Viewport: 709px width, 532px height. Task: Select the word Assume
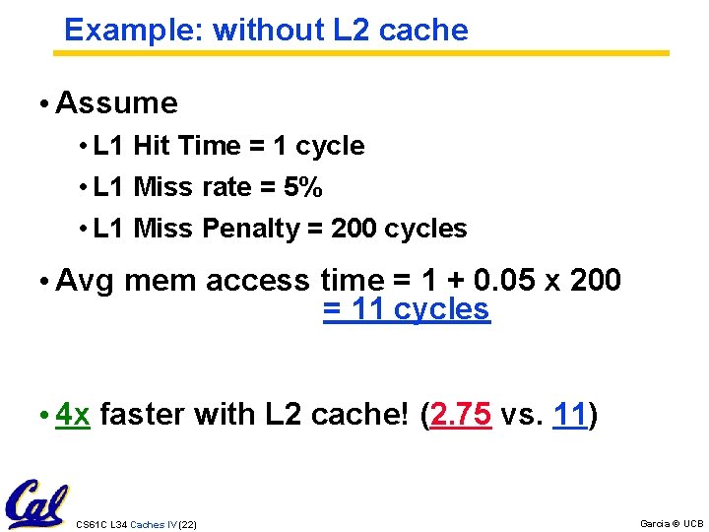pos(117,102)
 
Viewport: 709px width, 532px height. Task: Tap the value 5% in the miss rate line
pos(302,187)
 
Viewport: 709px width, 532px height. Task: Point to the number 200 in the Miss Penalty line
pos(354,229)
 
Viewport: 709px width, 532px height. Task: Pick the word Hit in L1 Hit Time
pos(152,146)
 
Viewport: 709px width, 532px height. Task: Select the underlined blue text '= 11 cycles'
pos(406,309)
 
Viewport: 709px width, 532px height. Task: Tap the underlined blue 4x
pos(74,414)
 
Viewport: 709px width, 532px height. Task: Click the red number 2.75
pos(461,414)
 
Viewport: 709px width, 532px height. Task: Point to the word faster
pos(142,414)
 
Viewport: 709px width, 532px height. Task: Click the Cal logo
pos(36,503)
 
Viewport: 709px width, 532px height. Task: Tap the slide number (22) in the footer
pos(187,524)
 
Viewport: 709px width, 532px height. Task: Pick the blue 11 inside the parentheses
pos(570,414)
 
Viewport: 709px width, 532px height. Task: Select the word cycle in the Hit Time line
pos(330,146)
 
